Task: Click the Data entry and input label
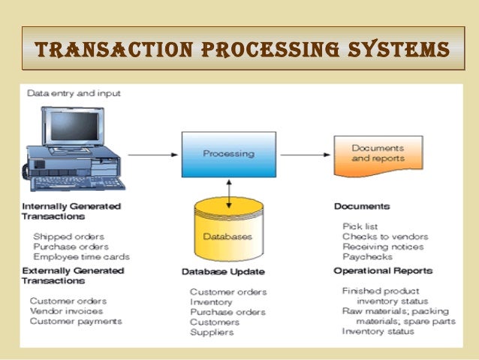[74, 93]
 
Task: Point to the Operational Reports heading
[383, 271]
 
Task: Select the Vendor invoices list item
[67, 310]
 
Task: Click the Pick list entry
[360, 225]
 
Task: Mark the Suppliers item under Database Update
[212, 331]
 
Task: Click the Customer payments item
[75, 321]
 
